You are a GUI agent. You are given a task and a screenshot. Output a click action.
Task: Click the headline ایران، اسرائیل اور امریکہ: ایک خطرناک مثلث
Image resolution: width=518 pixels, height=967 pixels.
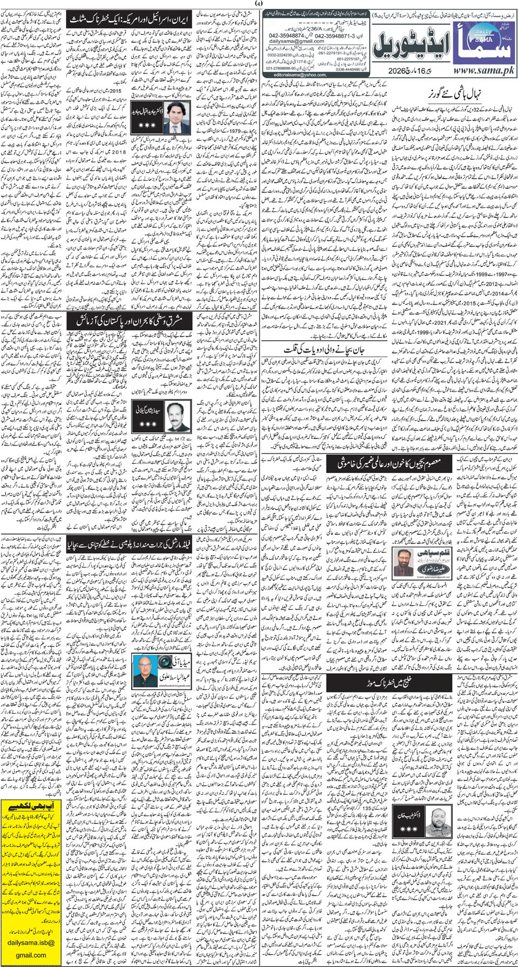click(129, 21)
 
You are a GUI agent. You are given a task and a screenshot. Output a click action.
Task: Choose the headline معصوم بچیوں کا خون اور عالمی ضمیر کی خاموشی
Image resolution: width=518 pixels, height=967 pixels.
click(389, 463)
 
